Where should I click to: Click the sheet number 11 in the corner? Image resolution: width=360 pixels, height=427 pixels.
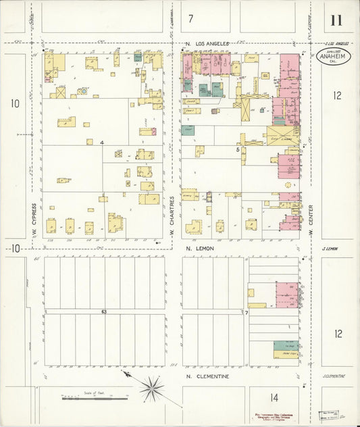(x=335, y=20)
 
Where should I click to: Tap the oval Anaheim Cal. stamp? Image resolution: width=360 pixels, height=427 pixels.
(x=332, y=56)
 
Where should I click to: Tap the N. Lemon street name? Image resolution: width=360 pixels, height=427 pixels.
(x=199, y=249)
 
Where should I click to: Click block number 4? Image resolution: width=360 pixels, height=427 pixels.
(x=102, y=143)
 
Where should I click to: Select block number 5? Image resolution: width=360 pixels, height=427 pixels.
(x=238, y=150)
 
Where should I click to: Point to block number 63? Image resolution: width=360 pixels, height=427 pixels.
(x=104, y=311)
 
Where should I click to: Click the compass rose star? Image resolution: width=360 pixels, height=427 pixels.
(x=152, y=388)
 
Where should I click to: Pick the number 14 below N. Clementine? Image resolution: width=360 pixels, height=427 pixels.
(x=274, y=397)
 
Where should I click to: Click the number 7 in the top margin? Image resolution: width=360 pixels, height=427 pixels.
(x=191, y=18)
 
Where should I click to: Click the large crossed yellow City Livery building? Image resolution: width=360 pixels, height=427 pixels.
(x=282, y=136)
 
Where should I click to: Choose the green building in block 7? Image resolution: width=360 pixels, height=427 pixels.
(x=286, y=345)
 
